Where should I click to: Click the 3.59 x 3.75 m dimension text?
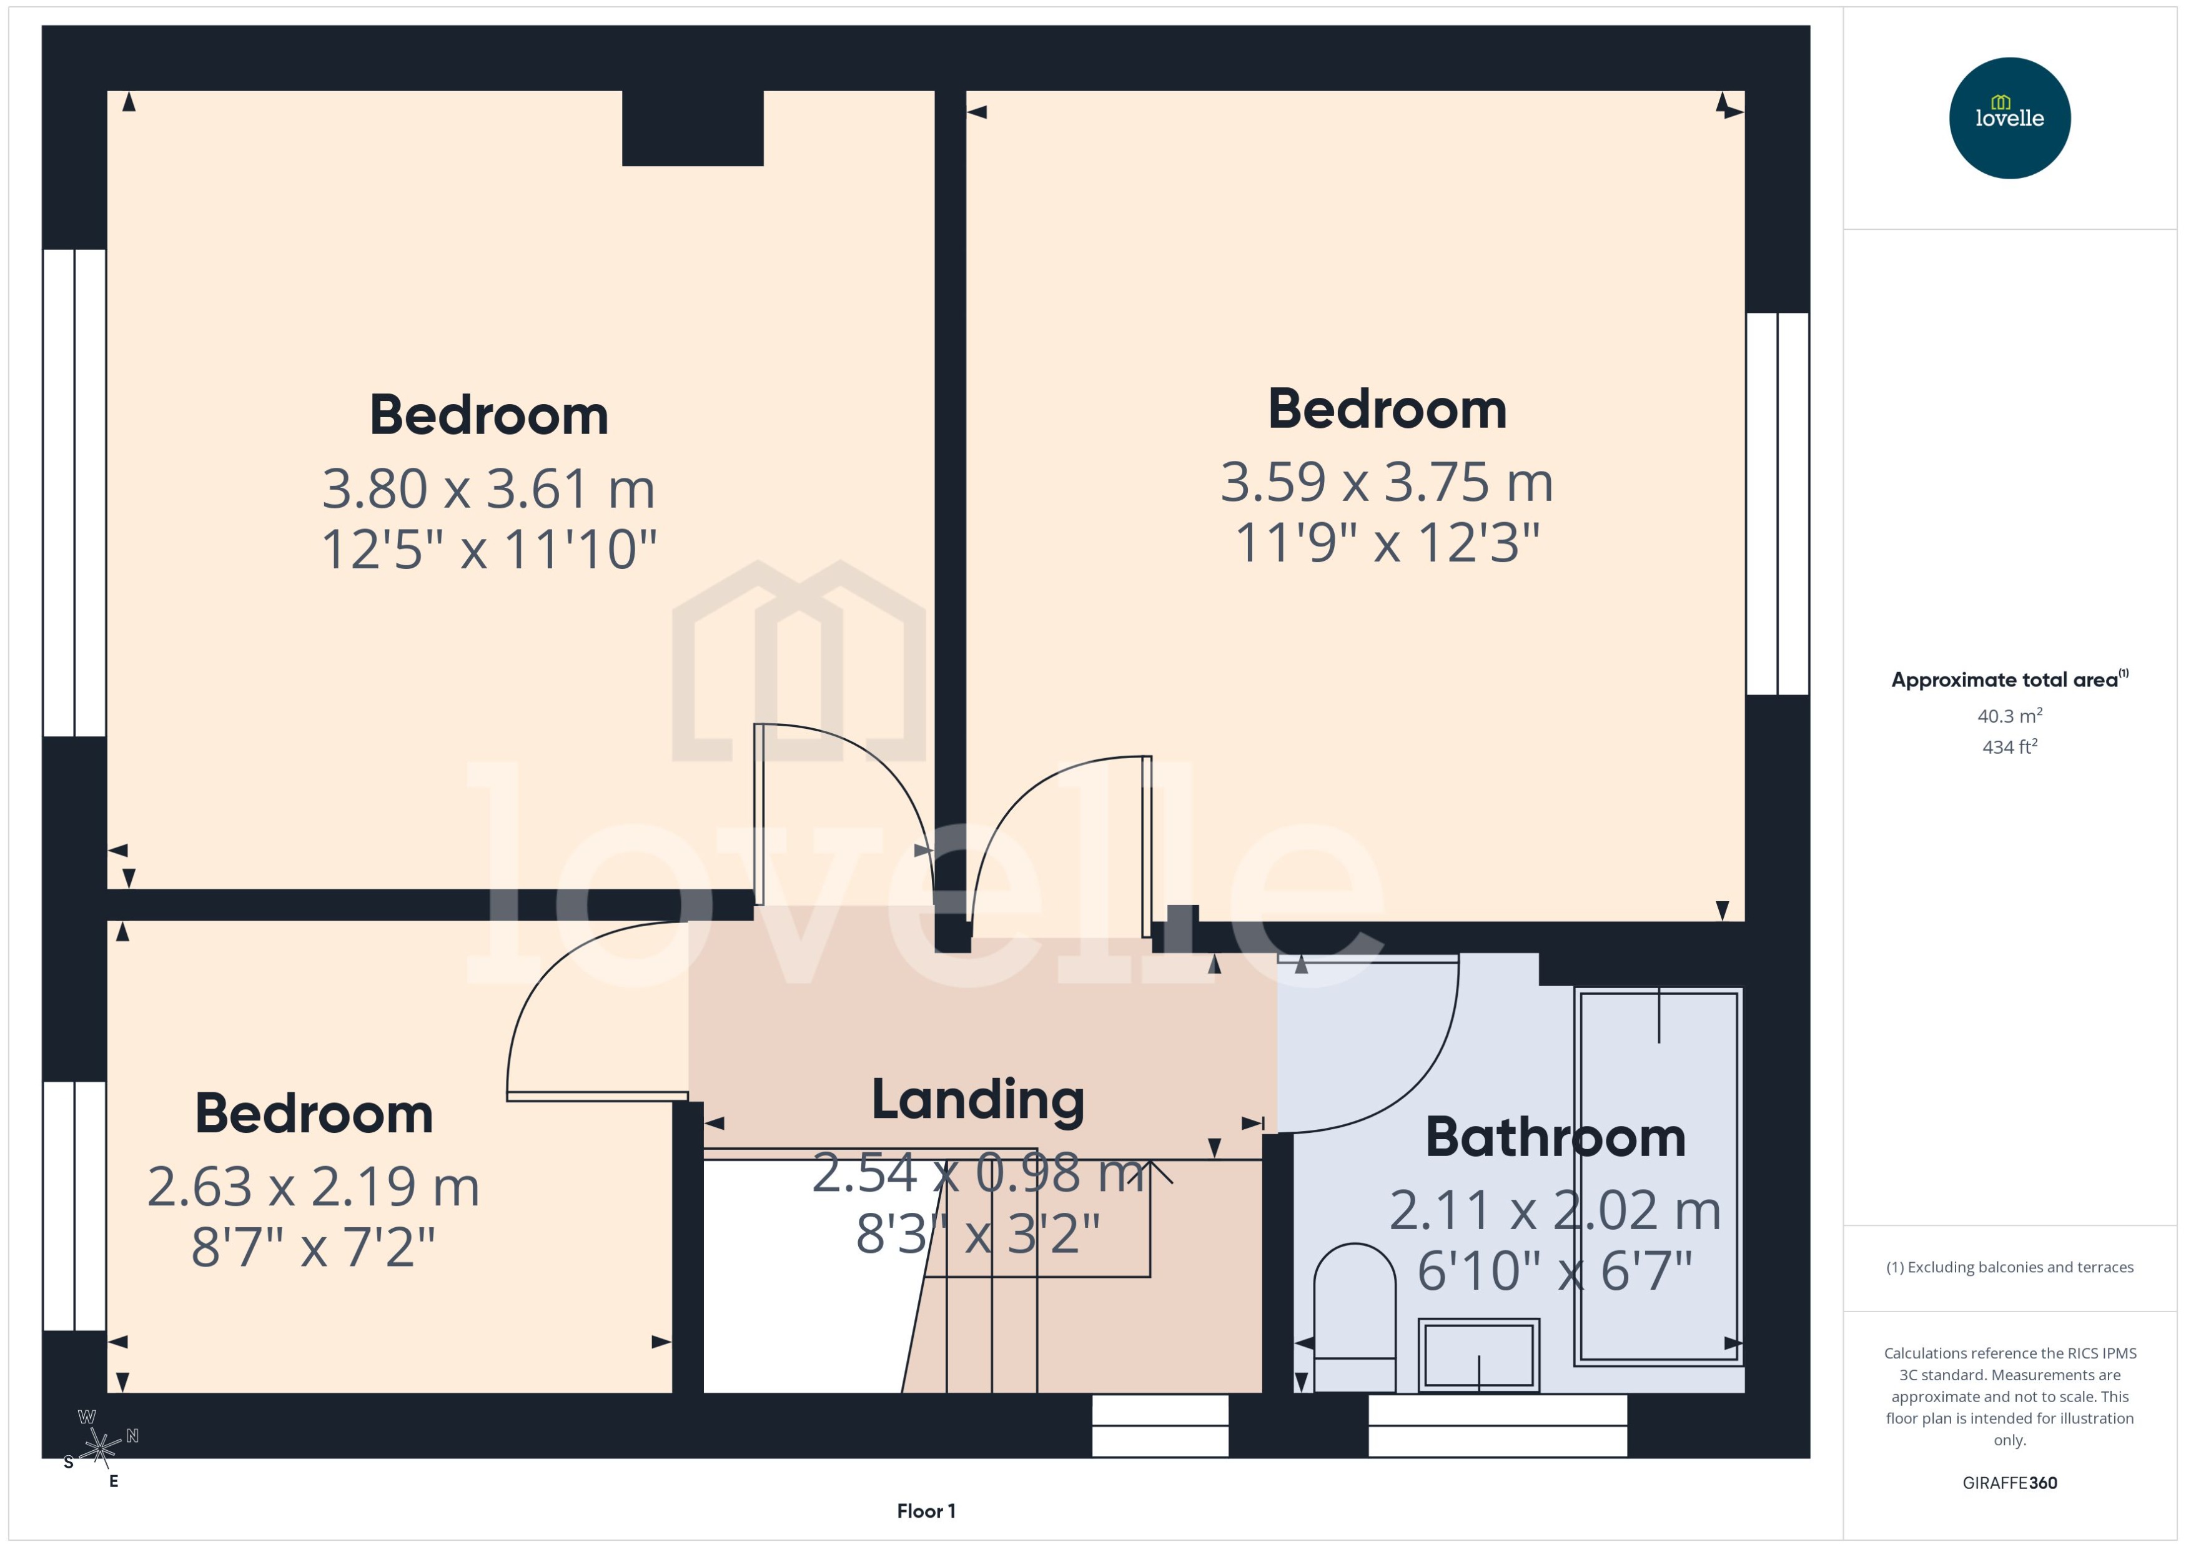pos(1386,482)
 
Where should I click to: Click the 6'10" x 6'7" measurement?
pos(1555,1271)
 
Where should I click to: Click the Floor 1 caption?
pos(925,1511)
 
